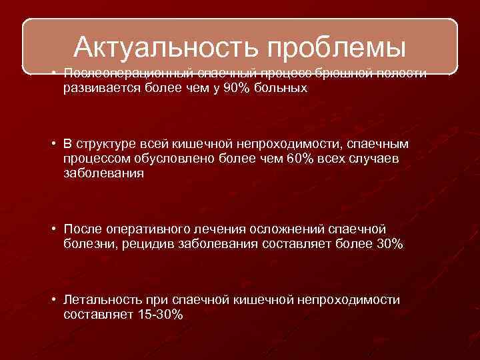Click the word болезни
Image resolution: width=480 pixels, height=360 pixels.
(x=86, y=245)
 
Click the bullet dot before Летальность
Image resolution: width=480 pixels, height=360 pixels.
(x=53, y=301)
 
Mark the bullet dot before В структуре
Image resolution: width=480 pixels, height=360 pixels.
(x=53, y=145)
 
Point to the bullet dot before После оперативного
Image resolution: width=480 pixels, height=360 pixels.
(x=53, y=231)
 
